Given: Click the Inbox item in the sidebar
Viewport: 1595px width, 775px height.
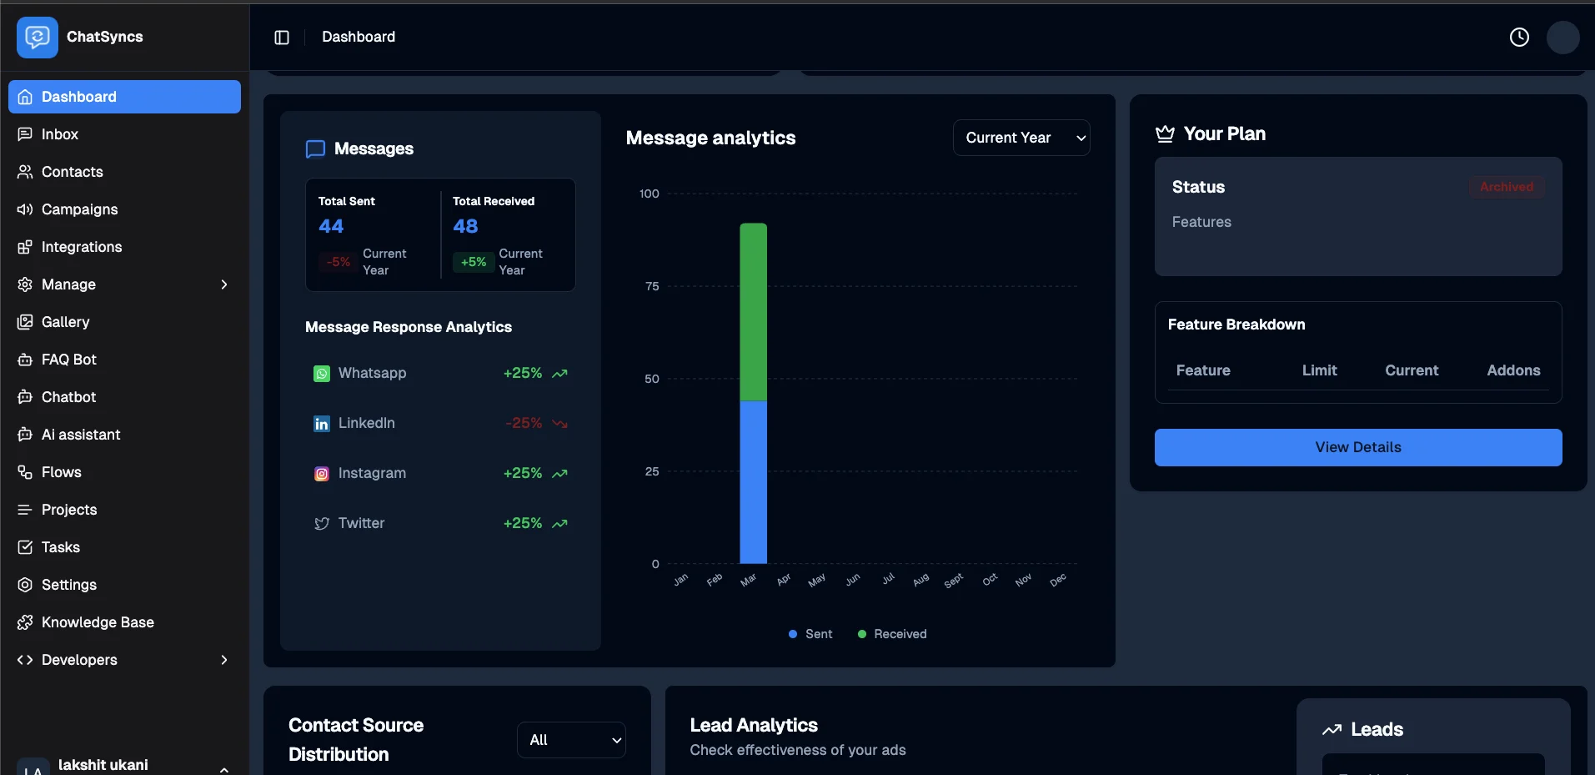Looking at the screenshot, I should [60, 134].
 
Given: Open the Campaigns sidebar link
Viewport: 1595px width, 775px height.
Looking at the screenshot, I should [79, 209].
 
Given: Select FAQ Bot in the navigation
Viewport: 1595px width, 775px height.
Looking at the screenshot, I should [69, 360].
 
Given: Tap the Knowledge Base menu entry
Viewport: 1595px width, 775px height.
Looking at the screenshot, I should [98, 622].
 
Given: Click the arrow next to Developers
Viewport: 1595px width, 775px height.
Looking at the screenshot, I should [223, 660].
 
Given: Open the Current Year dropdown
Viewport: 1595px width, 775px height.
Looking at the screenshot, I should [1021, 138].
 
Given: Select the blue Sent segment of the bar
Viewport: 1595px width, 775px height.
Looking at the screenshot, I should [753, 482].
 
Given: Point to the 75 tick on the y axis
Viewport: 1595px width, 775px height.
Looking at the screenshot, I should [652, 286].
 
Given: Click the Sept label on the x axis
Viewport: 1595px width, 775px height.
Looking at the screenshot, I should [954, 581].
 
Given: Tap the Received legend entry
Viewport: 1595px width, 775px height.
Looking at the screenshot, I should [892, 634].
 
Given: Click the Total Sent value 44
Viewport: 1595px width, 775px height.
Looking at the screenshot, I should [331, 226].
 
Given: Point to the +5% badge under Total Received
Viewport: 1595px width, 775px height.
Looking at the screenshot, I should [474, 262].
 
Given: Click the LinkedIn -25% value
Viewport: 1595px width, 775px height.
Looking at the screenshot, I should [524, 423].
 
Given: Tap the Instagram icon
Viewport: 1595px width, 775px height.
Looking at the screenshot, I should [322, 474].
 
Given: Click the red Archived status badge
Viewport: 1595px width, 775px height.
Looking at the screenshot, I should [1506, 187].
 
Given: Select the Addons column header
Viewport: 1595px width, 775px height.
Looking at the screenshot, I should [1513, 370].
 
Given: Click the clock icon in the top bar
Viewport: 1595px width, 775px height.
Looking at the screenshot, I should [1519, 37].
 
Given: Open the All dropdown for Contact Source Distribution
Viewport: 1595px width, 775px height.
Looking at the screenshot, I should [571, 740].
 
